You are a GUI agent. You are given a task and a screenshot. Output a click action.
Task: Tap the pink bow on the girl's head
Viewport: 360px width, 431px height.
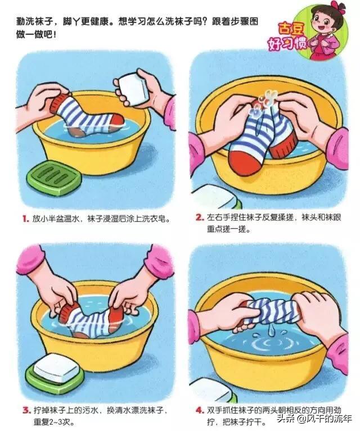click(x=339, y=6)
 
